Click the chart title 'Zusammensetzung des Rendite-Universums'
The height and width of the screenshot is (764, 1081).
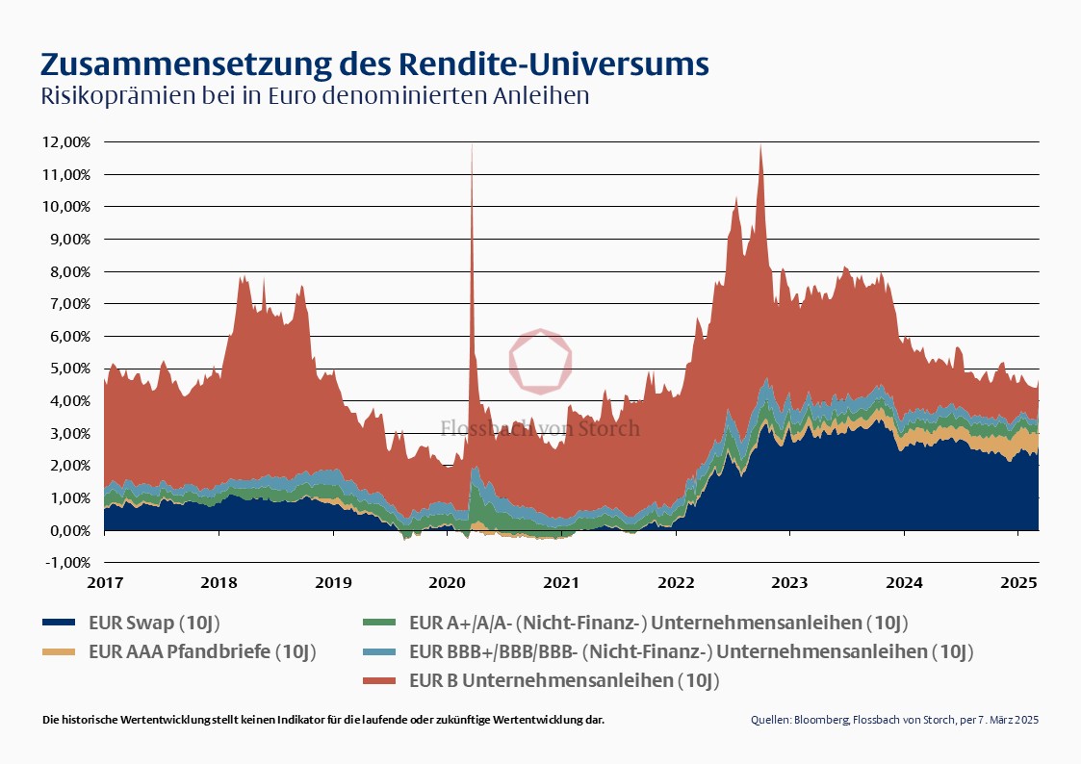coord(374,64)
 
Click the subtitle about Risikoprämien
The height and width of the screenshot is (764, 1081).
coord(314,97)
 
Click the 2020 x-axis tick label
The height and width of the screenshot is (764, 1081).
coord(447,583)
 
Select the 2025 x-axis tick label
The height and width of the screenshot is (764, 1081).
coord(1018,583)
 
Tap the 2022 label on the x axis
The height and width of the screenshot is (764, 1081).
coord(676,583)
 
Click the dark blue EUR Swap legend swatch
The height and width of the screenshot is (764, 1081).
coord(60,622)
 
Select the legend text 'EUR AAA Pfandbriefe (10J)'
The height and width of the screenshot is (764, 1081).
coord(202,651)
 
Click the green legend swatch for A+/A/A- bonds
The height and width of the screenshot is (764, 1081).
coord(380,622)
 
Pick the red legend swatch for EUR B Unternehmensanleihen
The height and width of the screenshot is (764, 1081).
coord(380,681)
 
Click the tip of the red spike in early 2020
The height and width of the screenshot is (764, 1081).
coord(472,144)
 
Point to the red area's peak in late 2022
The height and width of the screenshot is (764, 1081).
coord(761,145)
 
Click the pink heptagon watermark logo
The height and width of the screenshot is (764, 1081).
coord(540,361)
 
